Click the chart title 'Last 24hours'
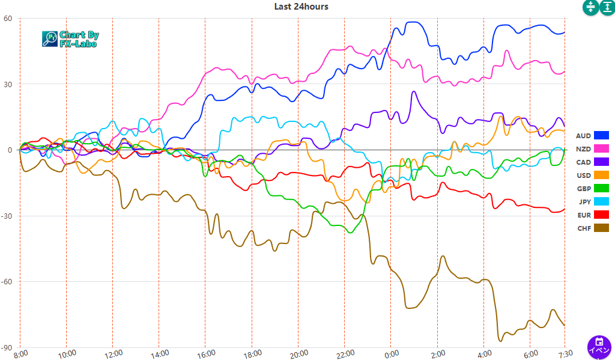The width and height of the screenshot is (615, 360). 301,7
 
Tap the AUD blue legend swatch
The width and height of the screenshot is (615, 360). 601,135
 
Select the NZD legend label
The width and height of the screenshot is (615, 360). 583,149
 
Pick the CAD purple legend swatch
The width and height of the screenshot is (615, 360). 601,162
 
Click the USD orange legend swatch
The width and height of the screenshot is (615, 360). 601,175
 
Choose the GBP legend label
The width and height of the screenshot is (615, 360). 583,189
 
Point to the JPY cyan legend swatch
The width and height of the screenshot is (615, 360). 601,201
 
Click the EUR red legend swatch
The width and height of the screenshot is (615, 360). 601,215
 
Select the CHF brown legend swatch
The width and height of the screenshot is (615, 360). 601,228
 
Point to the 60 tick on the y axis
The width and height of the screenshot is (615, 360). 8,19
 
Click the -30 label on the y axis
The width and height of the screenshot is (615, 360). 7,216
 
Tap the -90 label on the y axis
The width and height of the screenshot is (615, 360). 7,348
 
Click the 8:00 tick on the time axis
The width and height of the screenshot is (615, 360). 20,354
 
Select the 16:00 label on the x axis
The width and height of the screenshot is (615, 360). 205,354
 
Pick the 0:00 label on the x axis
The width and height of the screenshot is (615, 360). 390,354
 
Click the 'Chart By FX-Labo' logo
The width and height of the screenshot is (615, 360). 71,39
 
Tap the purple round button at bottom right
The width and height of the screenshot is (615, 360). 599,347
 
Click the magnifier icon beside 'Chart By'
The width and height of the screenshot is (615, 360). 49,39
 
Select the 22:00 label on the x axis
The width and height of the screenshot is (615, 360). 344,354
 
